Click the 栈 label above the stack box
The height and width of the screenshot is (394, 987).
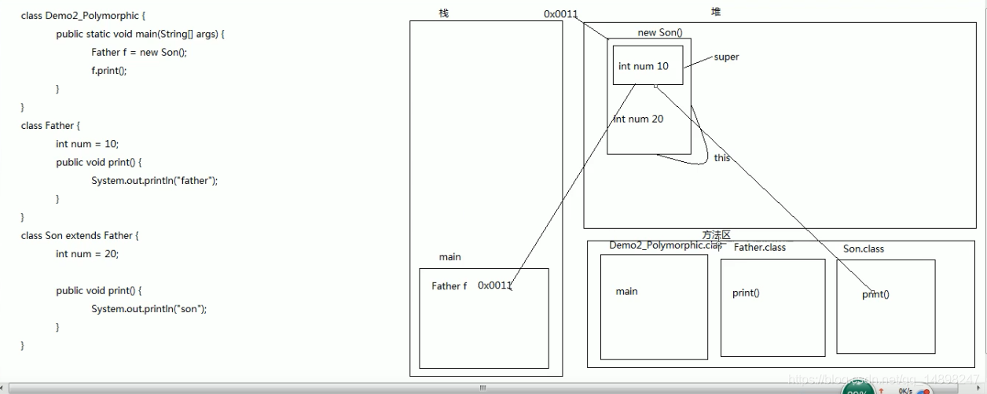pyautogui.click(x=444, y=13)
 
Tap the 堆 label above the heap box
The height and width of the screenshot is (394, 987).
pyautogui.click(x=715, y=12)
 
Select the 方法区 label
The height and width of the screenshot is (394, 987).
pyautogui.click(x=716, y=235)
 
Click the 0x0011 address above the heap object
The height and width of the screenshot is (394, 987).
pyautogui.click(x=561, y=14)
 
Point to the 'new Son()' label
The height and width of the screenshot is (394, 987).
pyautogui.click(x=660, y=33)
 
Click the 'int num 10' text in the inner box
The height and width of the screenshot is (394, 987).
pyautogui.click(x=643, y=66)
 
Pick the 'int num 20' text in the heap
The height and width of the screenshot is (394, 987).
pyautogui.click(x=638, y=119)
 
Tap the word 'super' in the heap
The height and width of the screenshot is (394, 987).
pyautogui.click(x=726, y=57)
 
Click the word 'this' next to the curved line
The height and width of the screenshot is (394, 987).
pyautogui.click(x=722, y=158)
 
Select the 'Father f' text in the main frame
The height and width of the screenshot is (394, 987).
pyautogui.click(x=449, y=286)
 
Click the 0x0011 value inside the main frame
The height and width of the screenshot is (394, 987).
pyautogui.click(x=495, y=285)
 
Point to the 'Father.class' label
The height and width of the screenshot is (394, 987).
pyautogui.click(x=759, y=247)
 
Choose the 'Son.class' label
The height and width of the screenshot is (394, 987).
pyautogui.click(x=863, y=249)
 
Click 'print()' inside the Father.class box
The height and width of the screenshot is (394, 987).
pyautogui.click(x=746, y=293)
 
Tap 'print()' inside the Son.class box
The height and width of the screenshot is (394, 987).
pyautogui.click(x=875, y=295)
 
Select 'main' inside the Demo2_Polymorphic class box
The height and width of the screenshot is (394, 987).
pyautogui.click(x=626, y=292)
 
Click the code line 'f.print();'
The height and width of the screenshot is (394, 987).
pyautogui.click(x=108, y=71)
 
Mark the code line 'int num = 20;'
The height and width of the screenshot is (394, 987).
pyautogui.click(x=87, y=254)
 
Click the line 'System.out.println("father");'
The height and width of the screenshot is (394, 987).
pyautogui.click(x=154, y=180)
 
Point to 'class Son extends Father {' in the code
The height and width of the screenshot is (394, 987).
pyautogui.click(x=79, y=235)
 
